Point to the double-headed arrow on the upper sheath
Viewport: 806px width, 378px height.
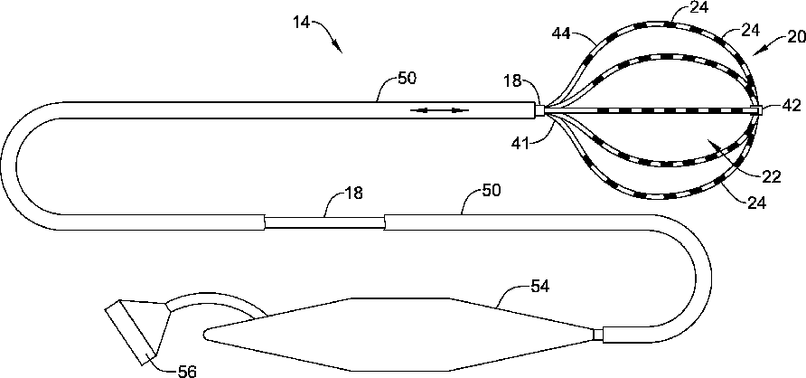(441, 110)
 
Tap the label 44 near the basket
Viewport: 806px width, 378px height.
(561, 35)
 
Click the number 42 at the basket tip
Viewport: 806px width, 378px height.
(791, 106)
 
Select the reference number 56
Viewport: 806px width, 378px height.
(186, 370)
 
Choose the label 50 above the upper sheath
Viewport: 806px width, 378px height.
(407, 79)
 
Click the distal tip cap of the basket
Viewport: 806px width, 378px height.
(764, 109)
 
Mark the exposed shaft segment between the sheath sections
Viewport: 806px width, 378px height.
(324, 222)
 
